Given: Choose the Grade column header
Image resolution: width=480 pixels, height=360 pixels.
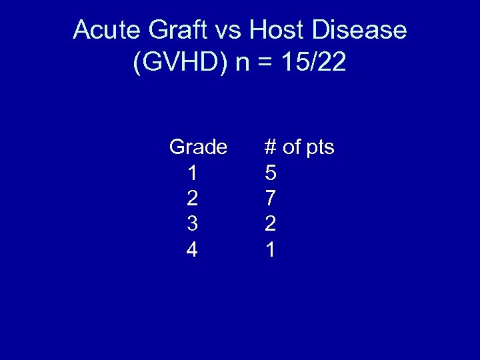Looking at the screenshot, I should click(x=198, y=147).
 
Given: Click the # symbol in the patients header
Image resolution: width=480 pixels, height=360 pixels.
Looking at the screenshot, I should click(x=271, y=147).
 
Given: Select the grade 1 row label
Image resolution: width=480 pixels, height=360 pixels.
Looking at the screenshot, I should click(x=192, y=173).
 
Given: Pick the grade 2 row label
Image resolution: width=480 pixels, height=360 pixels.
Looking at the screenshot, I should click(x=192, y=199).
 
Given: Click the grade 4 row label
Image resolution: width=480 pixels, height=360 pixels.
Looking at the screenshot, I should click(x=192, y=250).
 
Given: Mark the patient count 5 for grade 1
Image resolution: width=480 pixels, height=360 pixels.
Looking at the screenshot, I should click(x=271, y=173).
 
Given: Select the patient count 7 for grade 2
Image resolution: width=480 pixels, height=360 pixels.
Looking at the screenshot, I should click(x=271, y=199).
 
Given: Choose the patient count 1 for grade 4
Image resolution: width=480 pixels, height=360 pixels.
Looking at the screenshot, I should click(x=271, y=250).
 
